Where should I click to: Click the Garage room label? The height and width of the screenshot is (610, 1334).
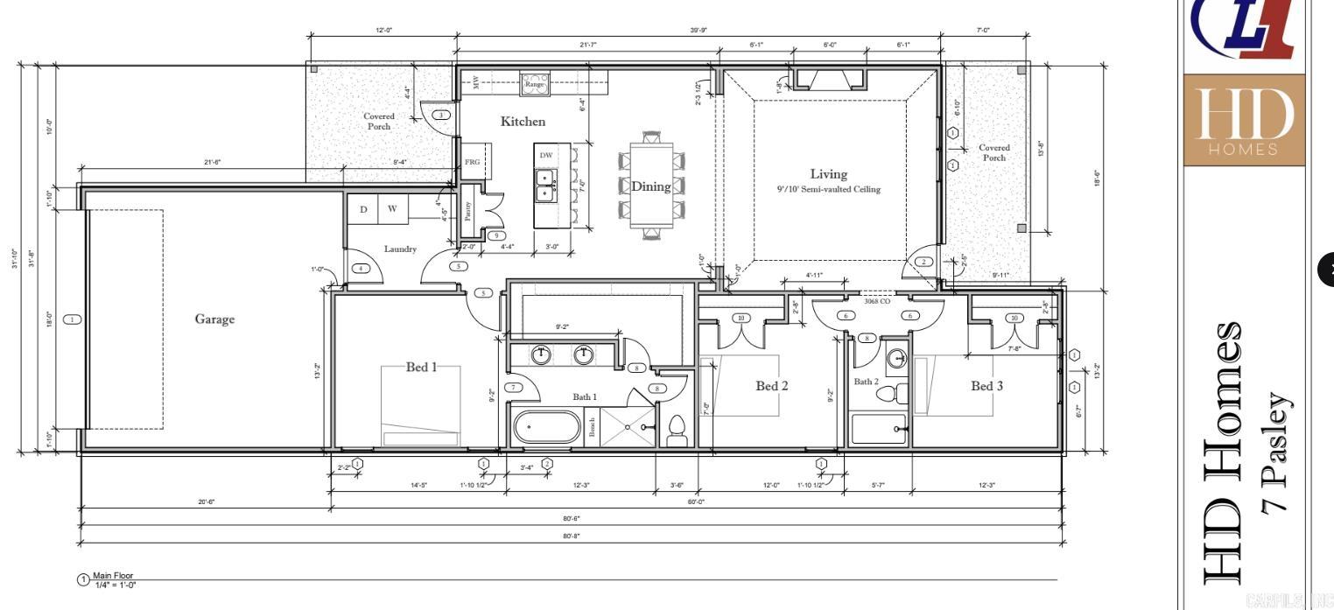(214, 319)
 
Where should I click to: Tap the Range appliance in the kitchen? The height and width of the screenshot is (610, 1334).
(534, 84)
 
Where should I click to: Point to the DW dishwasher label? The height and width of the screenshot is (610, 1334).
(546, 155)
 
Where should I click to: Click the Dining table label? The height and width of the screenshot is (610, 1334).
(650, 186)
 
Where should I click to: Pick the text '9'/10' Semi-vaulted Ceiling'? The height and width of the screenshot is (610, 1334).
(828, 189)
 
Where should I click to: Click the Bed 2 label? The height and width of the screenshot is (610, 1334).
(772, 386)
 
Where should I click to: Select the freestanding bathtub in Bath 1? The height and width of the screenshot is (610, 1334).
(546, 429)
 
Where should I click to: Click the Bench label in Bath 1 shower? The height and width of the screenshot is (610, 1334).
(593, 427)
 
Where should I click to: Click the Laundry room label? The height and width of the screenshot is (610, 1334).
(400, 249)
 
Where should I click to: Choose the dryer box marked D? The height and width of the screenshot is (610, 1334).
(362, 209)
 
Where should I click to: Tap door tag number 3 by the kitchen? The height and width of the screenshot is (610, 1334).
(442, 115)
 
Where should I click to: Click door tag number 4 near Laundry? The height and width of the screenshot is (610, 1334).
(360, 269)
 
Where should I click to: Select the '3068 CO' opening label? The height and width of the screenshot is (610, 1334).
(876, 301)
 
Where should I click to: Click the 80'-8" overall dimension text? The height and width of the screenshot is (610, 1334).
(572, 536)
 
